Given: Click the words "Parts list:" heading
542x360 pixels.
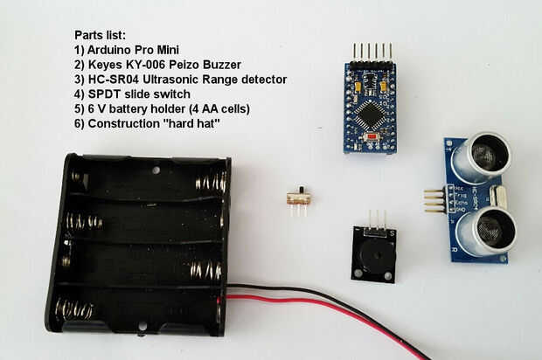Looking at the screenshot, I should pos(101,35).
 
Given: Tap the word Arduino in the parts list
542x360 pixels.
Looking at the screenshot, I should pos(115,50).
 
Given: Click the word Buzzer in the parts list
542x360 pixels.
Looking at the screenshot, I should pos(232,65).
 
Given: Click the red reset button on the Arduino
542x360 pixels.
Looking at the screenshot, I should pos(373,138).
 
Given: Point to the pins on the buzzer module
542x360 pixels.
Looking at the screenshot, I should pos(376,219).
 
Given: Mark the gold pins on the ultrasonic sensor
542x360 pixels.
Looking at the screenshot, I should pos(433,200).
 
